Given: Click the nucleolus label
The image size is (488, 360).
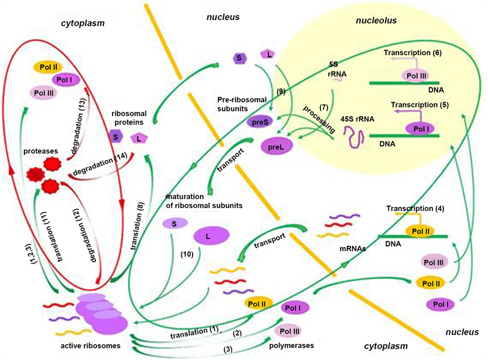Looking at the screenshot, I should tap(376, 21).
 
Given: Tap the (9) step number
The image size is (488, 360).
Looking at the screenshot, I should tap(281, 91).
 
